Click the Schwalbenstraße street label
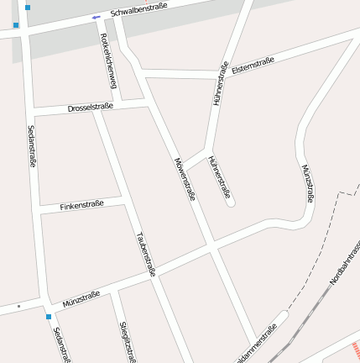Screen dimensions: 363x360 click(x=139, y=10)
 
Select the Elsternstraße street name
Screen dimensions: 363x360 click(x=255, y=62)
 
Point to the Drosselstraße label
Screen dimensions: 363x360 click(x=90, y=108)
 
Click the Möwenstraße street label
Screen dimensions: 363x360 click(x=185, y=179)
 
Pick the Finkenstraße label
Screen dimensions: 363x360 click(x=82, y=204)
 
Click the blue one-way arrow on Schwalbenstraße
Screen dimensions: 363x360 click(x=97, y=17)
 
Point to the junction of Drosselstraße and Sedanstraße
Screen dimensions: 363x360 click(x=33, y=113)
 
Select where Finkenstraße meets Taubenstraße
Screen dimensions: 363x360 click(x=123, y=199)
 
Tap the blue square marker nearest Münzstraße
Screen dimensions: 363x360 click(x=49, y=317)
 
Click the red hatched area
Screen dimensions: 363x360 click(x=355, y=347)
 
